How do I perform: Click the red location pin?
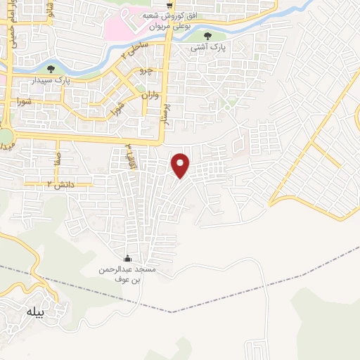point(181,165)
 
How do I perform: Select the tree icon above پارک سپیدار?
point(50,68)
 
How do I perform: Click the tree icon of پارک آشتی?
point(206,36)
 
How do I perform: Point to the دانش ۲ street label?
point(60,184)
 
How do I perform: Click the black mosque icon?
point(127,258)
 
